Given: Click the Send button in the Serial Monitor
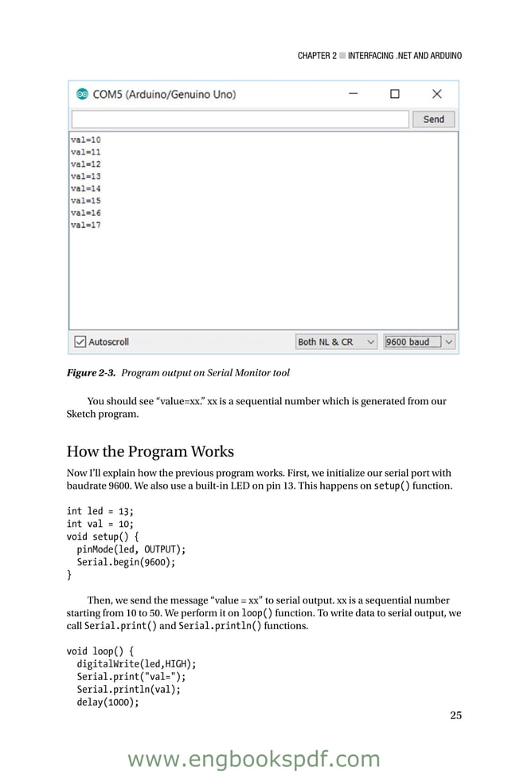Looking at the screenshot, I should [x=433, y=119].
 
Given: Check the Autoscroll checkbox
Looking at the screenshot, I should [x=80, y=342].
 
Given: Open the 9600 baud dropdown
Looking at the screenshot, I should [x=419, y=342].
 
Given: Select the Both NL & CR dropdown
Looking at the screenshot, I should [x=336, y=342].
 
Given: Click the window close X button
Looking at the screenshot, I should [x=436, y=94].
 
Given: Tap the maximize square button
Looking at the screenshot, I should [x=394, y=94].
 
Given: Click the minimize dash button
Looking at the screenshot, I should [x=353, y=94].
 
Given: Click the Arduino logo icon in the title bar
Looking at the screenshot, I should [x=81, y=94].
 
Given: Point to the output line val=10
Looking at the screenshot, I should [x=86, y=140].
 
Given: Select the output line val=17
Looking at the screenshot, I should [x=86, y=225].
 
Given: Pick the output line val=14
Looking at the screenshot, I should [x=86, y=189].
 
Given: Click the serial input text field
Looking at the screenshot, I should [x=239, y=119].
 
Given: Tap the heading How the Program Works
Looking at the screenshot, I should [x=150, y=451].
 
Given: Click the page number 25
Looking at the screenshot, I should [x=455, y=715].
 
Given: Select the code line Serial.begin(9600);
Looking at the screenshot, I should [x=126, y=561].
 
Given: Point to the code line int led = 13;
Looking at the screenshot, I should [x=100, y=511].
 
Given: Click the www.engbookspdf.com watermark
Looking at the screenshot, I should [x=254, y=759].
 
